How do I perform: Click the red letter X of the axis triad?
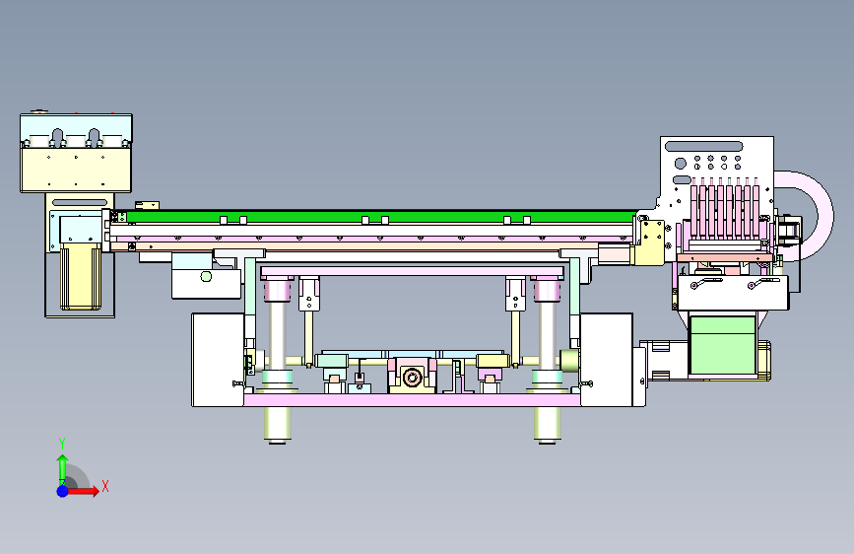[105, 486]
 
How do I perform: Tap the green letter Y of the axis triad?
[62, 443]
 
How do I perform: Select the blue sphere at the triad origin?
[63, 491]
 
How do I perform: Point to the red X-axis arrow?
[82, 491]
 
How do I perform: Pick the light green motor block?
[722, 346]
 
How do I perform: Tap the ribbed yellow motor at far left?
[81, 276]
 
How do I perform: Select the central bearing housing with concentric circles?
[412, 377]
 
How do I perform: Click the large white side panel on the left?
[218, 360]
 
